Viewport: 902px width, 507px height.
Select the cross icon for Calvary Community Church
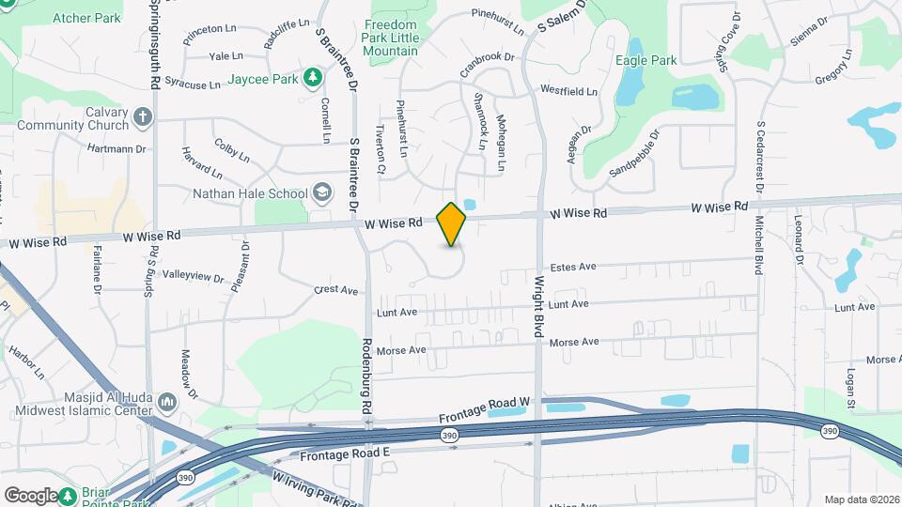(x=143, y=117)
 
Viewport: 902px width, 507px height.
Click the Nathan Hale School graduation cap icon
(x=322, y=193)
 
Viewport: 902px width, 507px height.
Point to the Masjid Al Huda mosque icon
(x=168, y=403)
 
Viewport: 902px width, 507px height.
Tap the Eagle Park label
(x=645, y=60)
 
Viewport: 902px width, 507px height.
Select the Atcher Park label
(x=86, y=17)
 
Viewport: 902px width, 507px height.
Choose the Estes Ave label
(x=574, y=267)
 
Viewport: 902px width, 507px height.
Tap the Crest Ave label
(x=336, y=290)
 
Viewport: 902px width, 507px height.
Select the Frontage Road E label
(x=344, y=454)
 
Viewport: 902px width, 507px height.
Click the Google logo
(x=31, y=495)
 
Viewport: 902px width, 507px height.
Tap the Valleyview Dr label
(x=194, y=277)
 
